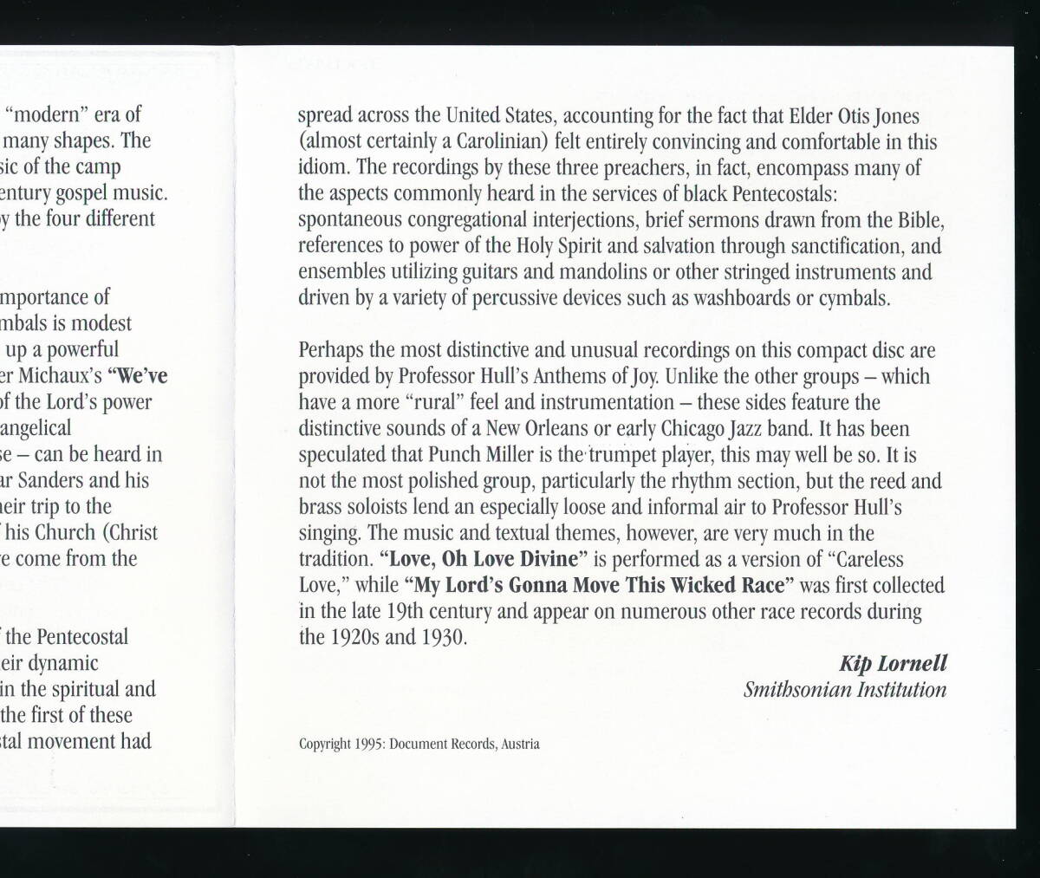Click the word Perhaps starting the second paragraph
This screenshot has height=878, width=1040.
click(x=328, y=350)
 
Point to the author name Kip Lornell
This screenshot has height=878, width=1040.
click(x=893, y=664)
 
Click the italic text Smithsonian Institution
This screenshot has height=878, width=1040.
click(x=844, y=690)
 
